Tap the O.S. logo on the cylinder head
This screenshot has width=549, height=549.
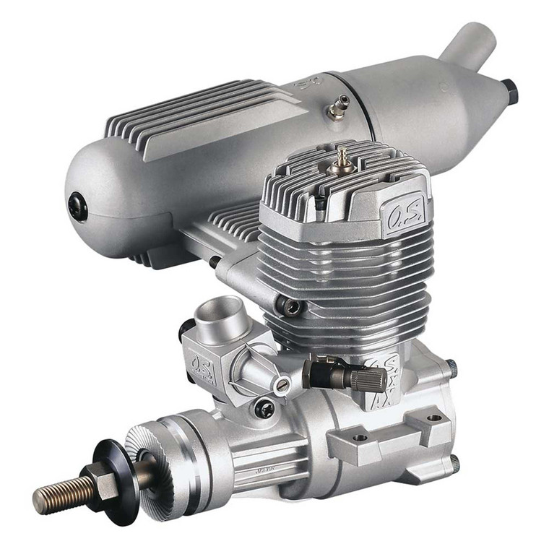(x=402, y=215)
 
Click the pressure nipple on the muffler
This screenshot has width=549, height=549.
(x=334, y=109)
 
